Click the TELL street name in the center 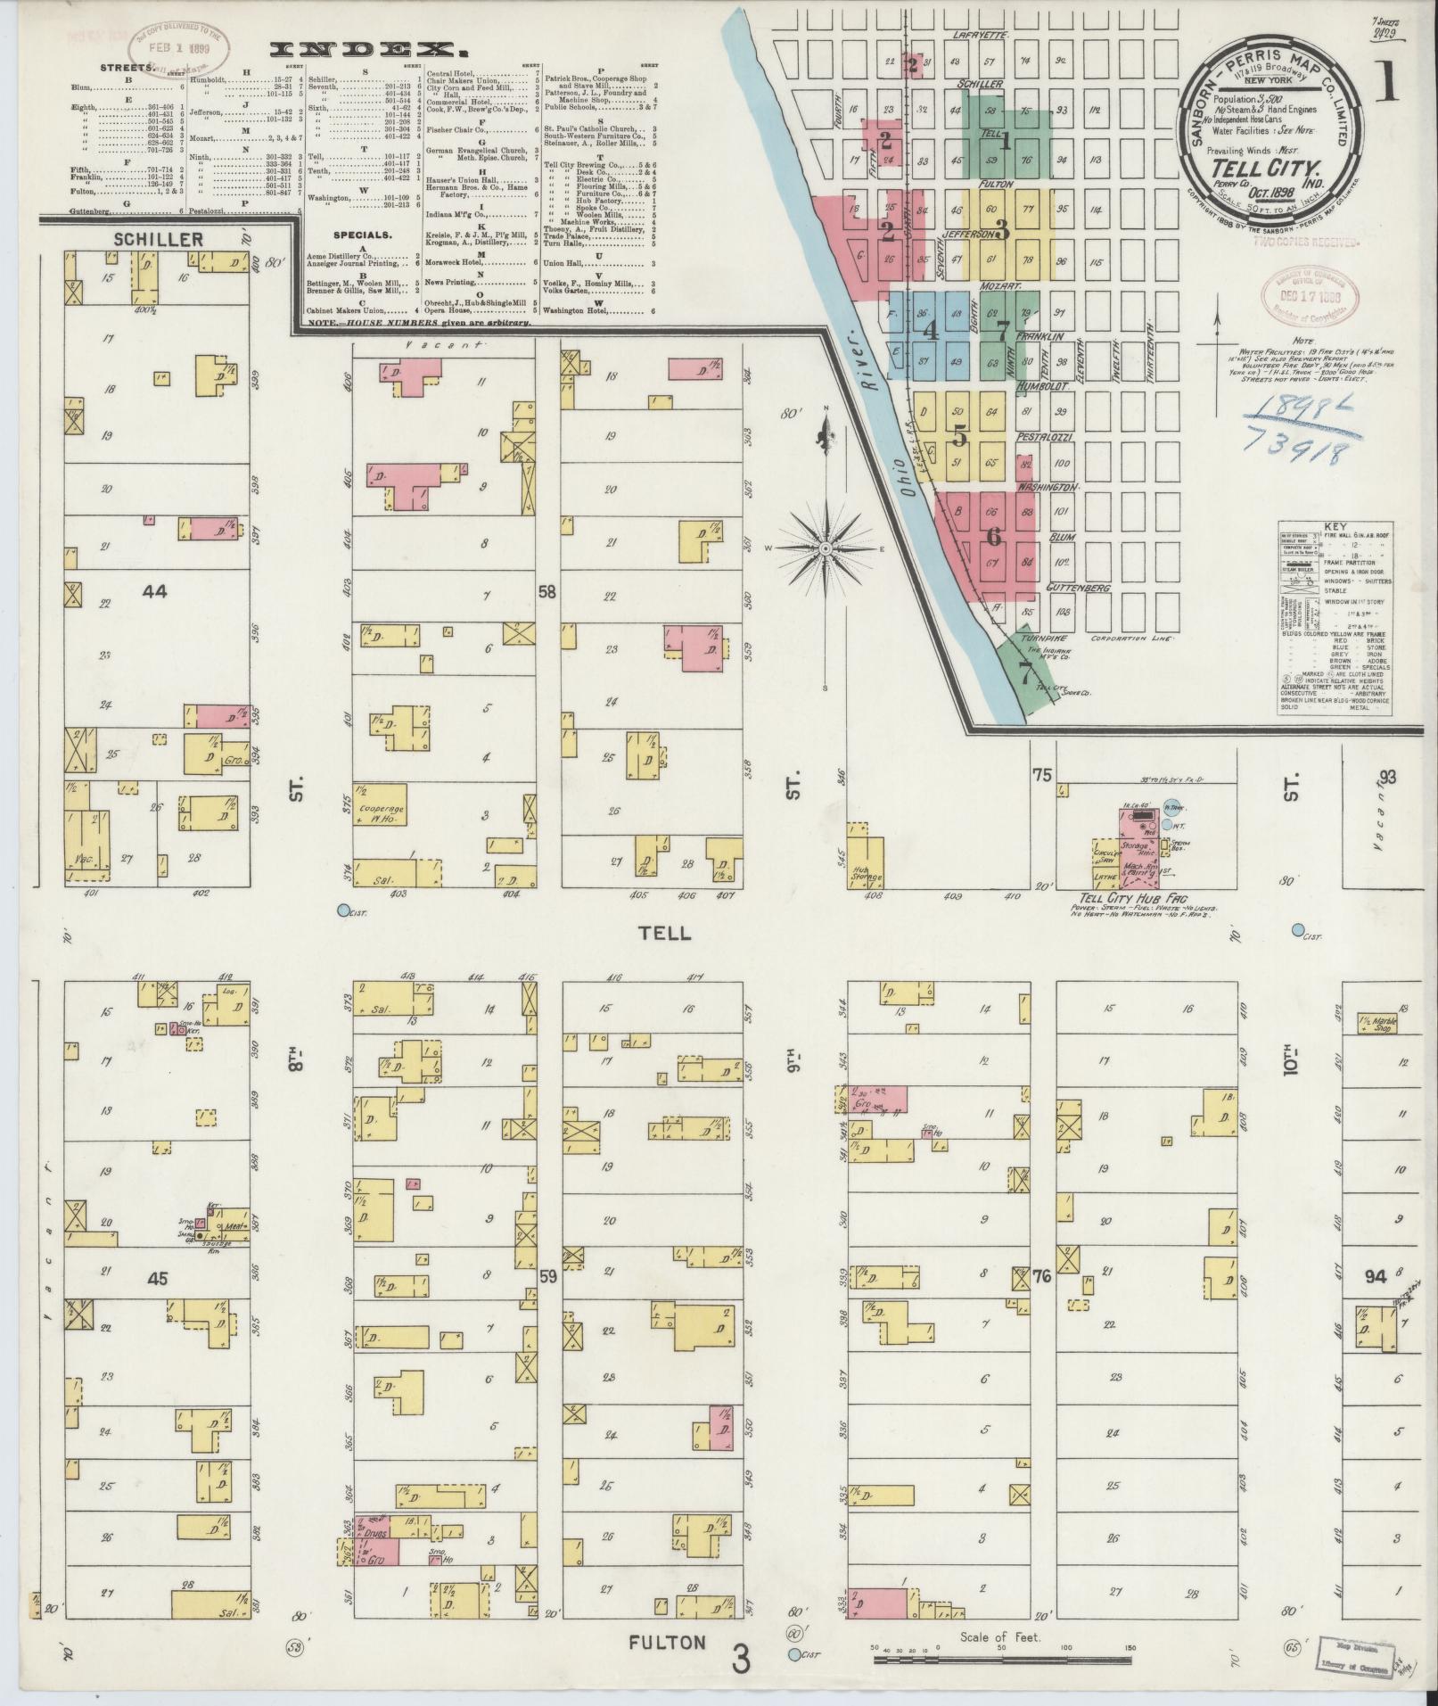664,933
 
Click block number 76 1040,1277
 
